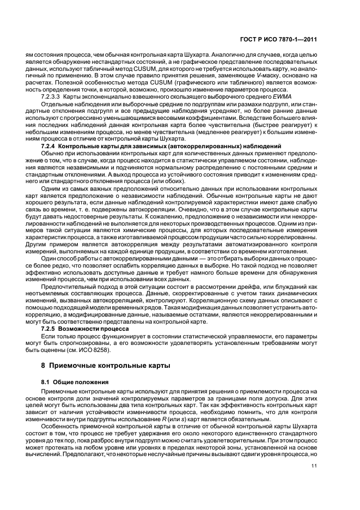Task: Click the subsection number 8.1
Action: (46, 381)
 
